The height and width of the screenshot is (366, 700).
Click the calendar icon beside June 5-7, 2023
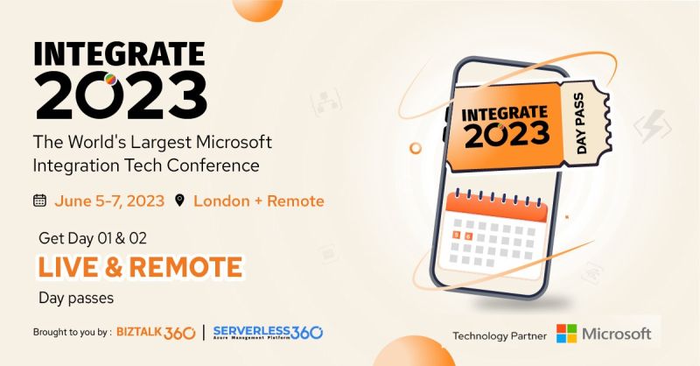click(39, 201)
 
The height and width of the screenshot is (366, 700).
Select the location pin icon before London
click(180, 201)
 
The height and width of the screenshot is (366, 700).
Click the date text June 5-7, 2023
click(110, 201)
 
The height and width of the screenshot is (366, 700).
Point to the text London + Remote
click(259, 201)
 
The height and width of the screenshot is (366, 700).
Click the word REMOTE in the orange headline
click(185, 266)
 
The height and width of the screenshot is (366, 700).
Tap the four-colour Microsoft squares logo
click(567, 334)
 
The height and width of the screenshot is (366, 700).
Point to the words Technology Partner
click(500, 335)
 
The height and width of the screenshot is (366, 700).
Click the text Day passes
click(76, 299)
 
